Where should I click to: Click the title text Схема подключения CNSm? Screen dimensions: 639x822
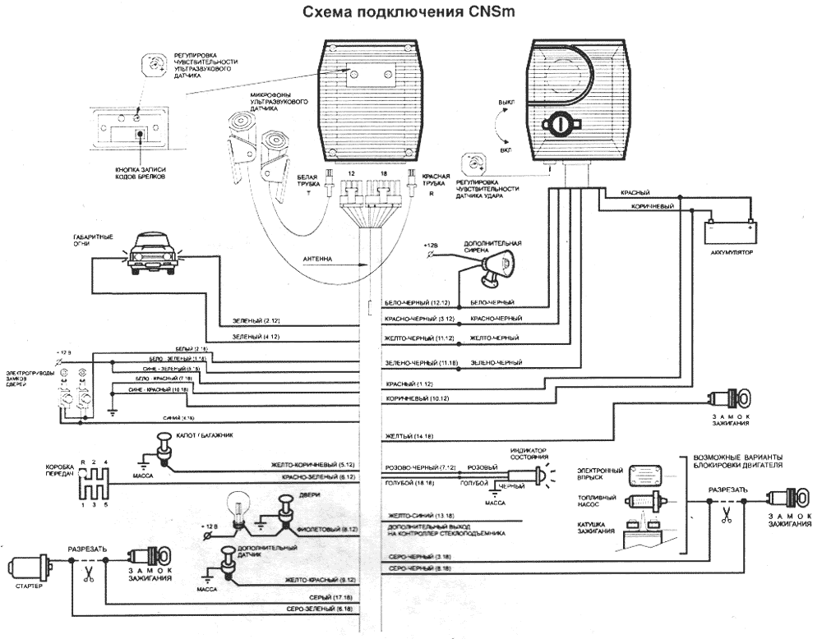pyautogui.click(x=411, y=13)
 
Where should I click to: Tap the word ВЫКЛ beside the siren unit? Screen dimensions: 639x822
pyautogui.click(x=502, y=103)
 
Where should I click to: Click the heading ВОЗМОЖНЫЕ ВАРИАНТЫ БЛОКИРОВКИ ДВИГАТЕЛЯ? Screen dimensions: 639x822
pyautogui.click(x=737, y=462)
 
